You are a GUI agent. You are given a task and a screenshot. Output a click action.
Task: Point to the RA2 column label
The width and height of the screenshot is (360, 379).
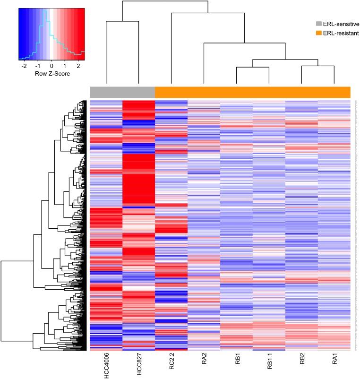(204, 362)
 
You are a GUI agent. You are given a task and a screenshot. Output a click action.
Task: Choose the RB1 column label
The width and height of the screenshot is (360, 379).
(236, 362)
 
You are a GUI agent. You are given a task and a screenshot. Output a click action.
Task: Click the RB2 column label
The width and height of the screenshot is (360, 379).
(301, 362)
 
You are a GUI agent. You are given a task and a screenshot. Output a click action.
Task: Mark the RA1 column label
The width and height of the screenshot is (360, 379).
(334, 362)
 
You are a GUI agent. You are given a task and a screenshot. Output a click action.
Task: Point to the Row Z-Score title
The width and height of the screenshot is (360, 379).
(51, 74)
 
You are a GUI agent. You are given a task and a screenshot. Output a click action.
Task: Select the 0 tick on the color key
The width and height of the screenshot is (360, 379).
(51, 67)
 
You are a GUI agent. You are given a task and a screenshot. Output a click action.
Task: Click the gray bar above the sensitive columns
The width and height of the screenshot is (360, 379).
(122, 92)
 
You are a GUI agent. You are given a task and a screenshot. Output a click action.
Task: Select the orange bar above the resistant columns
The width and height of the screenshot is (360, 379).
(252, 92)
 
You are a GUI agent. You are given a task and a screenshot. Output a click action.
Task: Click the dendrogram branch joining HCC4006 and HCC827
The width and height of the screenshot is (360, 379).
(122, 21)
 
